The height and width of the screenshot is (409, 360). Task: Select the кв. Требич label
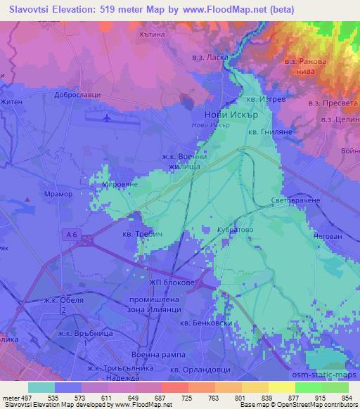pos(141,234)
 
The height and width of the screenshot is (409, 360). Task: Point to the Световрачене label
pos(295,200)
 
